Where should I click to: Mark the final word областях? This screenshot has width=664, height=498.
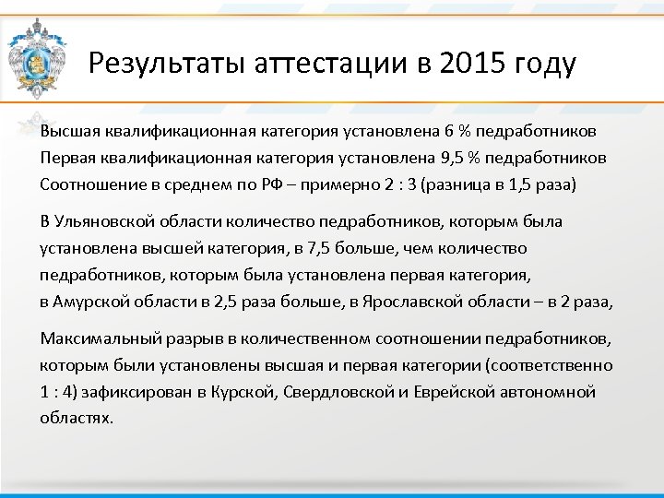(x=77, y=418)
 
